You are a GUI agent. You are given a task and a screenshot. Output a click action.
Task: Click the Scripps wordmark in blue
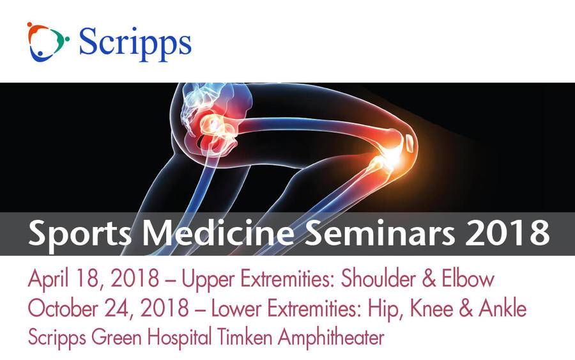pyautogui.click(x=135, y=44)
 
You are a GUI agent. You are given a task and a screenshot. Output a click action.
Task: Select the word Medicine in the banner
pyautogui.click(x=218, y=232)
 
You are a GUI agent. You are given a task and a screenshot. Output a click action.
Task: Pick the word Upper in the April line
pyautogui.click(x=208, y=280)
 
